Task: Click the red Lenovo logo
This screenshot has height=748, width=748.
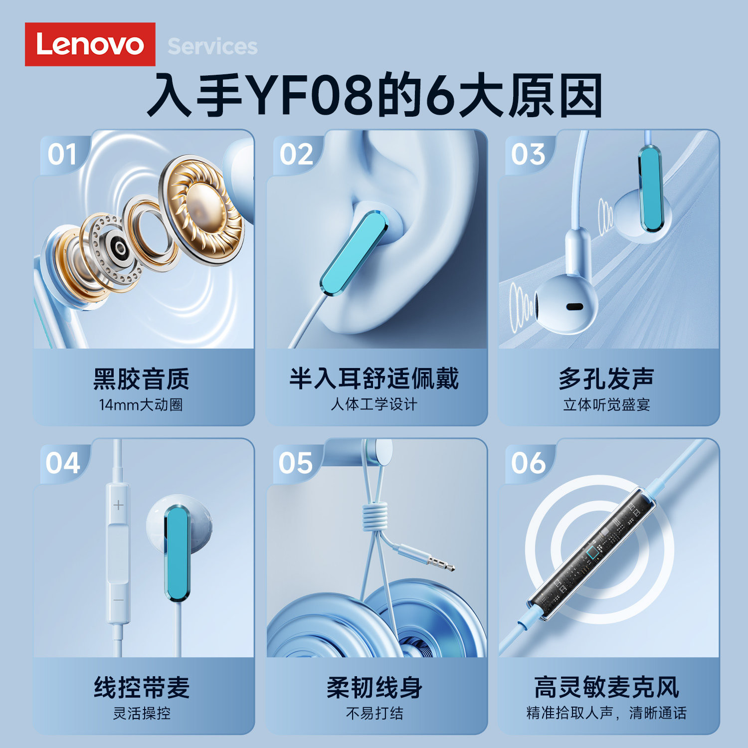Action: (x=90, y=44)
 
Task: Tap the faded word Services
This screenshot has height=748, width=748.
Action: (x=212, y=47)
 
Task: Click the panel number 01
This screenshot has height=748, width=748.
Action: (x=62, y=155)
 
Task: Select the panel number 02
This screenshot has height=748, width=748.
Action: (x=296, y=155)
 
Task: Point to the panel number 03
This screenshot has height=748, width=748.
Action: (x=528, y=155)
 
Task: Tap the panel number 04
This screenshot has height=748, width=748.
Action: (x=62, y=463)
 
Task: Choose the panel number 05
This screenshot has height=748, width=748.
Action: (x=295, y=463)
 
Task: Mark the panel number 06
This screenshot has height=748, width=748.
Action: (x=528, y=463)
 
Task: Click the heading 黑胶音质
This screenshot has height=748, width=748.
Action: (x=141, y=379)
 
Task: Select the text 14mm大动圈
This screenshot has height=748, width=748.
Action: (x=141, y=404)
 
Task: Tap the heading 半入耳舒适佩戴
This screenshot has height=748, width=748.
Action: (x=374, y=378)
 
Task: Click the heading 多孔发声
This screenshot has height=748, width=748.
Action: (x=606, y=379)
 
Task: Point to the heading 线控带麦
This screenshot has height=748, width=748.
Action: (x=142, y=688)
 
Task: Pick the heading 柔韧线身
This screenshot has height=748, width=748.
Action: (x=374, y=688)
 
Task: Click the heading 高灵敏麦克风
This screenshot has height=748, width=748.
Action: (x=606, y=688)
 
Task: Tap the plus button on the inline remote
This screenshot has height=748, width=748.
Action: (x=118, y=505)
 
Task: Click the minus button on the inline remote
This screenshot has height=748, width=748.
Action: (x=118, y=600)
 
